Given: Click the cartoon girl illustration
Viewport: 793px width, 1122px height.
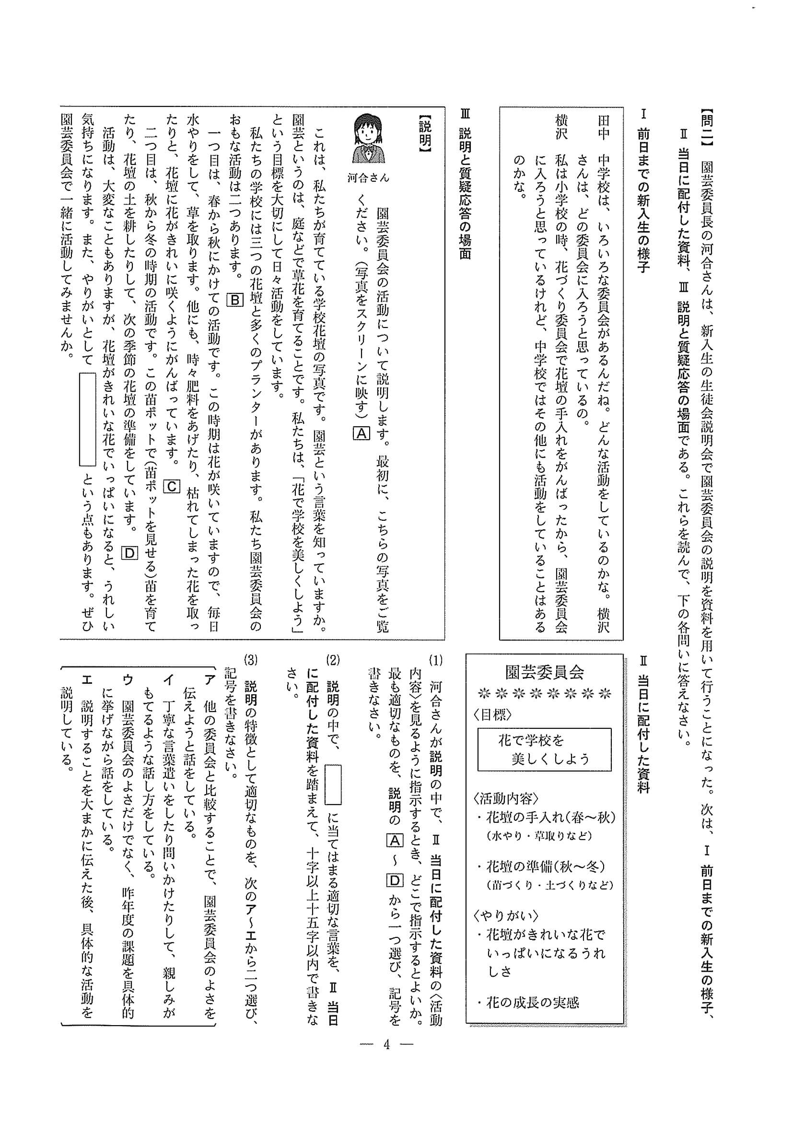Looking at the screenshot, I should point(368,140).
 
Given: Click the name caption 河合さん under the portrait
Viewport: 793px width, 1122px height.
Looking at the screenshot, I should point(368,178).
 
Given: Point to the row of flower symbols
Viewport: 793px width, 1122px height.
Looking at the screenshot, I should point(544,694).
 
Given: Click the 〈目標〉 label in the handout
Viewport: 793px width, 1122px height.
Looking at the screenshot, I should point(492,715).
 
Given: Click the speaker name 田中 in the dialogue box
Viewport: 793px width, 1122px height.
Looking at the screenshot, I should point(604,128).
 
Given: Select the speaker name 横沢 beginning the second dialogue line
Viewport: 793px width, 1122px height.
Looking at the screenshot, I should point(561,128).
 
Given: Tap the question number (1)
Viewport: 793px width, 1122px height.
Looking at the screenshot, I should point(435,661).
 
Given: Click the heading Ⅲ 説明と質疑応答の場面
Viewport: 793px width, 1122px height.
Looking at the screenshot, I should point(465,186).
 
